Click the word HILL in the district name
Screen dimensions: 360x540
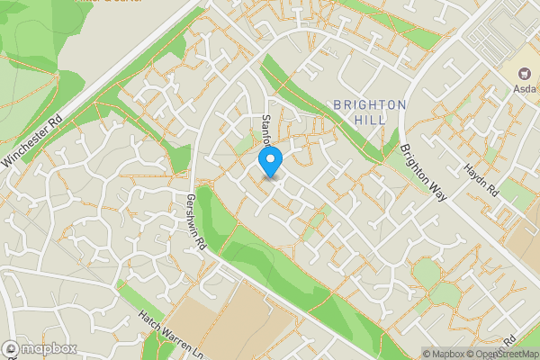[x=370, y=120]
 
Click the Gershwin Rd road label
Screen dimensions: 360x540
[x=196, y=221]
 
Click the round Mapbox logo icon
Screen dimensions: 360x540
[x=12, y=348]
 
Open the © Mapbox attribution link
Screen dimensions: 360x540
[x=445, y=354]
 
